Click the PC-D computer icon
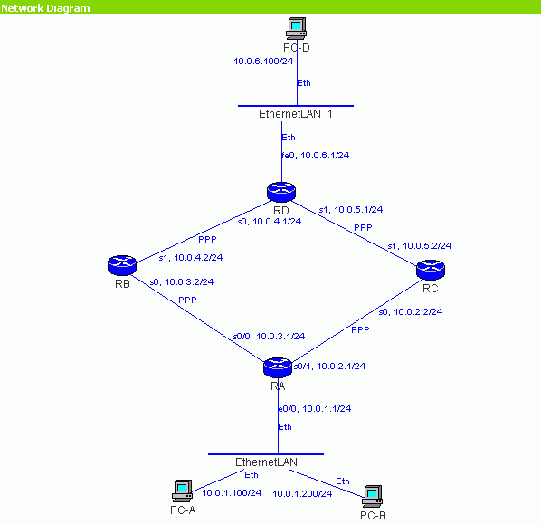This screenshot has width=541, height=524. tap(296, 28)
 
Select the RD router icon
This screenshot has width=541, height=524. tap(281, 192)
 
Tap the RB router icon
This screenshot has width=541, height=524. tap(122, 265)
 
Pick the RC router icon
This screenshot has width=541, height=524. tap(431, 270)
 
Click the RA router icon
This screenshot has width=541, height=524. tap(278, 367)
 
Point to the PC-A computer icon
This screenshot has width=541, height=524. tap(183, 491)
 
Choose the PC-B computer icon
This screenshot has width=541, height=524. tap(373, 496)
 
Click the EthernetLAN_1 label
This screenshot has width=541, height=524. tap(296, 114)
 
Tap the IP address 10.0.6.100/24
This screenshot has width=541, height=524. tap(263, 62)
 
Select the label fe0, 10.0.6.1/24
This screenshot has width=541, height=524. tap(316, 156)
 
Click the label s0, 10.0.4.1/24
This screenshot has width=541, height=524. tap(270, 221)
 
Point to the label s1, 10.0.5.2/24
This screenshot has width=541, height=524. tap(420, 246)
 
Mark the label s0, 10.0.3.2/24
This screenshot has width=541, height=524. tap(182, 282)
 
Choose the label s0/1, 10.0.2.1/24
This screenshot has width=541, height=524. tap(329, 366)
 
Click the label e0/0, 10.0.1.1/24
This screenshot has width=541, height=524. tap(315, 409)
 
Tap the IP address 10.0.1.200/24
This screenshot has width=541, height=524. tap(302, 493)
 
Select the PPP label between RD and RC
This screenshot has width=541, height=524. tap(363, 228)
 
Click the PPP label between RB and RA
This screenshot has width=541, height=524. tap(187, 300)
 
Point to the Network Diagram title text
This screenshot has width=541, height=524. tap(45, 8)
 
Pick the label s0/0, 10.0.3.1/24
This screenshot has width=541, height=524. tap(269, 337)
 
